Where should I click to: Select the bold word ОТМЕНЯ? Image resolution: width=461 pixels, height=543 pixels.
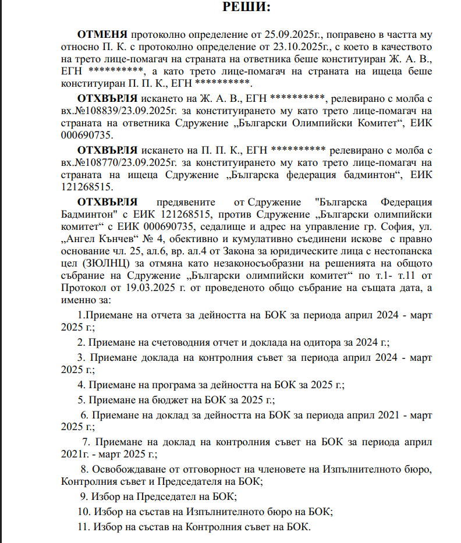[x=102, y=34]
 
